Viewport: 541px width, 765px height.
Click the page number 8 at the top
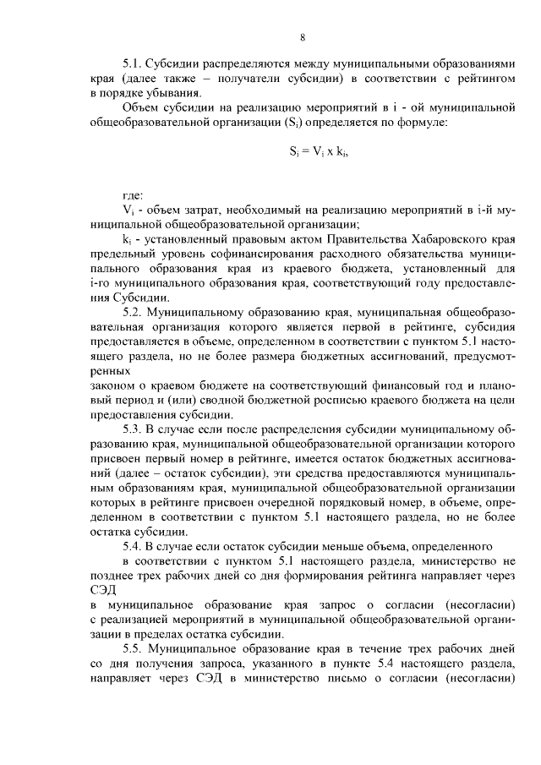pos(302,36)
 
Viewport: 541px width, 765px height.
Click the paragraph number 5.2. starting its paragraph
pos(135,312)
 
